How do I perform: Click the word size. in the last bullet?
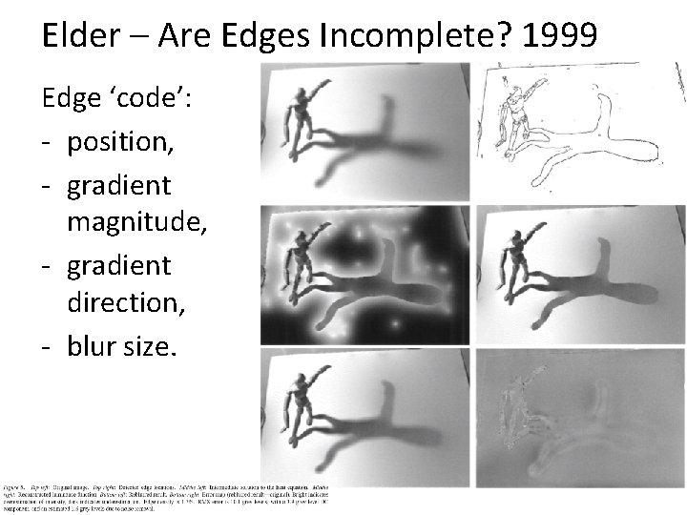click(147, 346)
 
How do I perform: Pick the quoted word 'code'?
click(155, 101)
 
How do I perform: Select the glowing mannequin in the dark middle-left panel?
click(302, 267)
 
